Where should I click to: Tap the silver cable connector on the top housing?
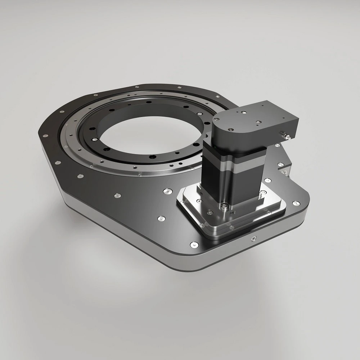[286, 136]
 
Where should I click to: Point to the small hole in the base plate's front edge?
[254, 238]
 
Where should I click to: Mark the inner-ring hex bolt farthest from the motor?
[94, 139]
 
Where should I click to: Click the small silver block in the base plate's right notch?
[284, 169]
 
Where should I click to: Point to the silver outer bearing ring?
[72, 144]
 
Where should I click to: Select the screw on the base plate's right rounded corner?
[296, 203]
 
